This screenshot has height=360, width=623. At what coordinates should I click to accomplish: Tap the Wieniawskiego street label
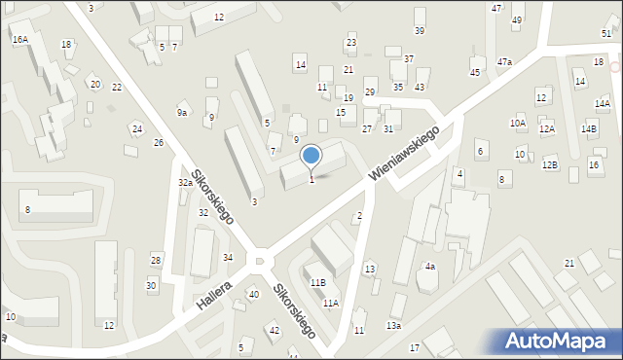pyautogui.click(x=405, y=151)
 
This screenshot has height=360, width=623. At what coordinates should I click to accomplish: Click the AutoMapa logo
pyautogui.click(x=560, y=342)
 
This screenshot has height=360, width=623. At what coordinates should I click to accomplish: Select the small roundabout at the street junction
pyautogui.click(x=259, y=261)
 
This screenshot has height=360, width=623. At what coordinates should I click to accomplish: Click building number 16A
pyautogui.click(x=19, y=39)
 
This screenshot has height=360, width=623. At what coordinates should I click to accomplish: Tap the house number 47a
pyautogui.click(x=504, y=61)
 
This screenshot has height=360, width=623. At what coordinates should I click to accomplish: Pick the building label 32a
pyautogui.click(x=184, y=183)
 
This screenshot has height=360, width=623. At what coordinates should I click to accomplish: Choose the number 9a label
pyautogui.click(x=182, y=113)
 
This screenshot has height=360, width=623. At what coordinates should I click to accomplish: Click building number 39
pyautogui.click(x=420, y=31)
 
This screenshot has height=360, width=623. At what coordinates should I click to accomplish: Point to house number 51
pyautogui.click(x=606, y=33)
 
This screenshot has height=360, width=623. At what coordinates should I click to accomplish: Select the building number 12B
pyautogui.click(x=550, y=164)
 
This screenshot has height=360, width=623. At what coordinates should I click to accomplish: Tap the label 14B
pyautogui.click(x=589, y=128)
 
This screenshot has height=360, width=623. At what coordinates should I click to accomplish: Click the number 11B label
pyautogui.click(x=317, y=282)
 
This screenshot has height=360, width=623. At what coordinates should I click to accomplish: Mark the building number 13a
pyautogui.click(x=393, y=326)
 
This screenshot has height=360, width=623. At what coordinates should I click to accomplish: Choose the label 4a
pyautogui.click(x=429, y=267)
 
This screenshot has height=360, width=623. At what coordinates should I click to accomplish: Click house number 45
pyautogui.click(x=475, y=73)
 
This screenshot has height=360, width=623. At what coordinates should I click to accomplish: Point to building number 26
pyautogui.click(x=159, y=143)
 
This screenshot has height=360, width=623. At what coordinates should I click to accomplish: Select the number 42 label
pyautogui.click(x=275, y=331)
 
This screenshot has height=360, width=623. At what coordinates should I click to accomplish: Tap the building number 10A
pyautogui.click(x=517, y=124)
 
